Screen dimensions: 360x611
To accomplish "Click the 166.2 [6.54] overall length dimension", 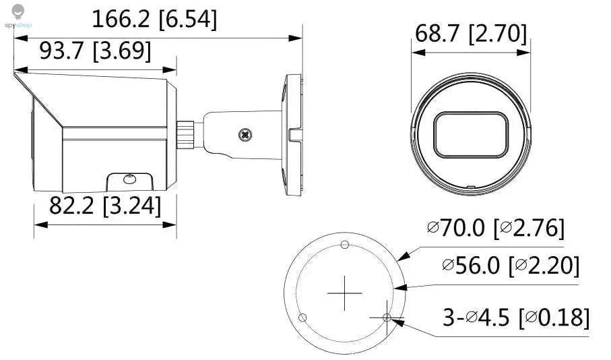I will pos(154,20).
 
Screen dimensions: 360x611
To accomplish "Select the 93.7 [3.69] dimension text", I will pos(94,51).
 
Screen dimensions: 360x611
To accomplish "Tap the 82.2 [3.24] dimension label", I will pos(105,206).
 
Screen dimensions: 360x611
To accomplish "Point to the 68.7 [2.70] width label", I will pos(471,34).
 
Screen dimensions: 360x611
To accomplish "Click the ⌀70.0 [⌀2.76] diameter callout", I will pos(496,229).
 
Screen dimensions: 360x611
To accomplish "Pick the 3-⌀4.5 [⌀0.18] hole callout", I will pos(516,317).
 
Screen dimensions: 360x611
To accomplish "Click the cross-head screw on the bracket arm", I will pos(246,134).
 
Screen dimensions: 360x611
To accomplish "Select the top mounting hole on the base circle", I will pos(345,244).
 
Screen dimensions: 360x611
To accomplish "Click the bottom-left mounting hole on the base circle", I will pos(303,317).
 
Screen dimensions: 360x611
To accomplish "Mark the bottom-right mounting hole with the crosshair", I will pos(386,317).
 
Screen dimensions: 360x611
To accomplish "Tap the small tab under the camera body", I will pos(128,181).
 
